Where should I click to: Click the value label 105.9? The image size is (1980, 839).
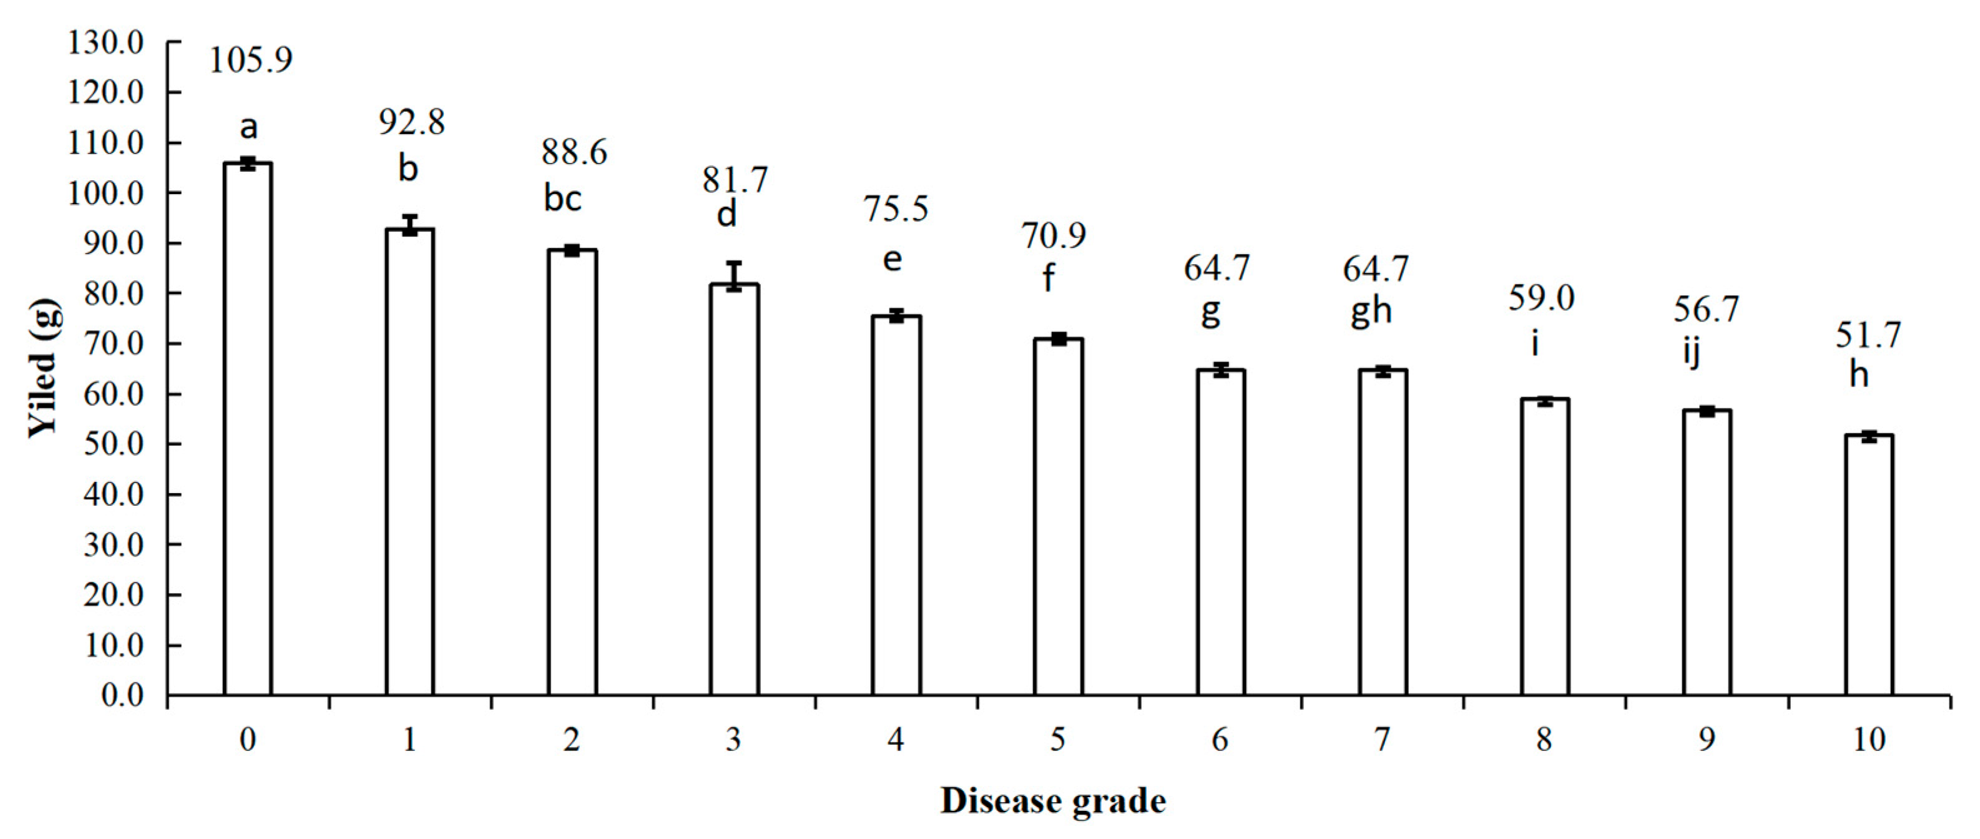(250, 60)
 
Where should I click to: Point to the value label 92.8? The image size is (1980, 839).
(411, 122)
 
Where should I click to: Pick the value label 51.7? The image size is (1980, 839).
(1868, 335)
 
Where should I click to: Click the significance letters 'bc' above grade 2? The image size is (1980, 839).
(562, 199)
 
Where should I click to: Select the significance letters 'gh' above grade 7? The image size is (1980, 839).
(1371, 311)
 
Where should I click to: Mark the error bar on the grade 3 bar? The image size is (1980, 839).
(734, 276)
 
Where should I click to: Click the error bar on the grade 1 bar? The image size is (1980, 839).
(409, 225)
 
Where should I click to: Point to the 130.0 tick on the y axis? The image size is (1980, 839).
(105, 42)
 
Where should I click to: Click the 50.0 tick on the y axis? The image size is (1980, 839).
(113, 444)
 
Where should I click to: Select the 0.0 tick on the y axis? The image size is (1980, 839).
(122, 695)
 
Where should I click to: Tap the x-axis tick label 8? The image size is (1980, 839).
(1544, 740)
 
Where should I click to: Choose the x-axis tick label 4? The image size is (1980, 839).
(896, 740)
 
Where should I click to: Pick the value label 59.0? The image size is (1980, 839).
(1541, 298)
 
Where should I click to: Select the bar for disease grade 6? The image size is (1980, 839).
(1220, 533)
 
